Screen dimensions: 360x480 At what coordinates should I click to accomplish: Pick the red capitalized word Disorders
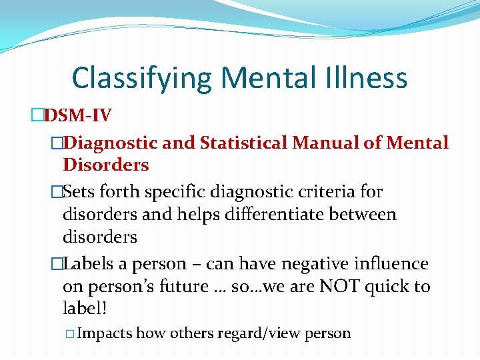click(105, 165)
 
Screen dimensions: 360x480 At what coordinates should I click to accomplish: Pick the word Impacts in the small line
click(105, 333)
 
